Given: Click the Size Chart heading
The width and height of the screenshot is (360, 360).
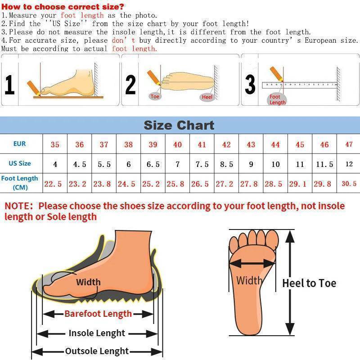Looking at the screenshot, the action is point(179,126).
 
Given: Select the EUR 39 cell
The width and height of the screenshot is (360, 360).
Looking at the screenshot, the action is point(153,144).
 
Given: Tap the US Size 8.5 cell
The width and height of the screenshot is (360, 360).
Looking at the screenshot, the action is point(226,164).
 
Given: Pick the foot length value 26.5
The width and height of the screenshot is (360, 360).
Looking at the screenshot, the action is point(200,184).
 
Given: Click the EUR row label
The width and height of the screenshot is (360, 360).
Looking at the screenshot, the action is point(19,144).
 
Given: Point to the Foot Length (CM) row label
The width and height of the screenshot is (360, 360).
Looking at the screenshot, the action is point(20,183).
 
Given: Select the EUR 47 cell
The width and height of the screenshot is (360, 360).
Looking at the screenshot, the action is point(349,144).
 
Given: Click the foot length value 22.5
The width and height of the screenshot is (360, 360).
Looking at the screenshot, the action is point(53,184).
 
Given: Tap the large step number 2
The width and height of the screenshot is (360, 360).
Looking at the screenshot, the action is point(130,85).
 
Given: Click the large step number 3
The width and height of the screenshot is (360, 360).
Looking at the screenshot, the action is point(250,85).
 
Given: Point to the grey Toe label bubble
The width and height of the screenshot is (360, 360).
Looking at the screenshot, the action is point(155,96).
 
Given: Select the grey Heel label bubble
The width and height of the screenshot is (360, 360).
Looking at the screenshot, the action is point(207,97).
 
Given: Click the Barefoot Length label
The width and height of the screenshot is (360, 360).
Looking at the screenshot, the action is point(98,314).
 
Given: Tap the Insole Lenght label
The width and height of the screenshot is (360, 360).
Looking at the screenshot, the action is point(97,333).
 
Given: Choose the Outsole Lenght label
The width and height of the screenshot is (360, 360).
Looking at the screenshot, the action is point(97,351).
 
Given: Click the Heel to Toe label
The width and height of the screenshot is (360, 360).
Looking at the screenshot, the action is point(309,283).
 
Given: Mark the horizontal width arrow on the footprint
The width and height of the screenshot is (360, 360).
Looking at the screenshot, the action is point(252,264).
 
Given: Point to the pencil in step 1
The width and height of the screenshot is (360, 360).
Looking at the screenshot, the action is point(33,88).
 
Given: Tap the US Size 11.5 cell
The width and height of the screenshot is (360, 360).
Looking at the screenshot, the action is point(324,164).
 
